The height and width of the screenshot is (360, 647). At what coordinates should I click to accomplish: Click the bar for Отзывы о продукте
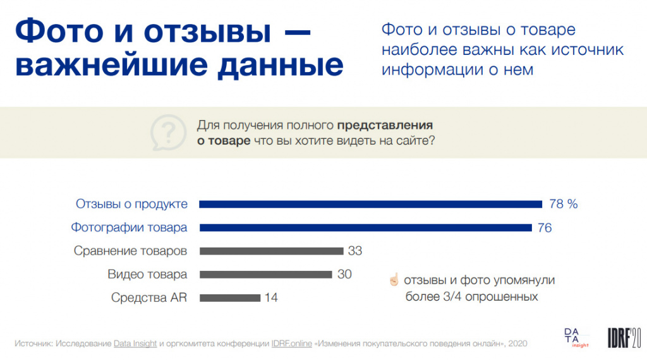[371, 204]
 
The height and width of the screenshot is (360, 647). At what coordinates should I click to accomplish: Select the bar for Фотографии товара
[365, 227]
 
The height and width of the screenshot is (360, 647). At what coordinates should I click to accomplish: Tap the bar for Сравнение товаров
[271, 251]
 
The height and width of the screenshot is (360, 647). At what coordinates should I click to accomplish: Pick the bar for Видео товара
[265, 274]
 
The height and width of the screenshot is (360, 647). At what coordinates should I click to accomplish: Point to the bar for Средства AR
[229, 297]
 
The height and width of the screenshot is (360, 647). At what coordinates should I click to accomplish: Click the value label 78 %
[564, 204]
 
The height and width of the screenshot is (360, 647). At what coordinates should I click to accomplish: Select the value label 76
[545, 227]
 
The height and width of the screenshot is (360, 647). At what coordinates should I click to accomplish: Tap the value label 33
[355, 251]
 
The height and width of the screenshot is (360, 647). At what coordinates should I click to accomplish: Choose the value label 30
[344, 274]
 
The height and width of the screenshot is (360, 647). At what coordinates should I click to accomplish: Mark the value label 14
[271, 297]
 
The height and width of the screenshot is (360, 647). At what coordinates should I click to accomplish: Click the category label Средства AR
[149, 297]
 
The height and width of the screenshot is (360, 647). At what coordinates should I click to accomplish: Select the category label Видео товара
[147, 274]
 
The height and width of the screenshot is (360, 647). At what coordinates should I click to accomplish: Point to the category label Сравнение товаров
[130, 251]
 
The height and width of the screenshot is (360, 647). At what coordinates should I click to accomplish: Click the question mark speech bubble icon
[165, 133]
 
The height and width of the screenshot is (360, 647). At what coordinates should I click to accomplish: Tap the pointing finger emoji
[394, 280]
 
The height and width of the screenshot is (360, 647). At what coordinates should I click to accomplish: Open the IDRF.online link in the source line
[291, 343]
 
